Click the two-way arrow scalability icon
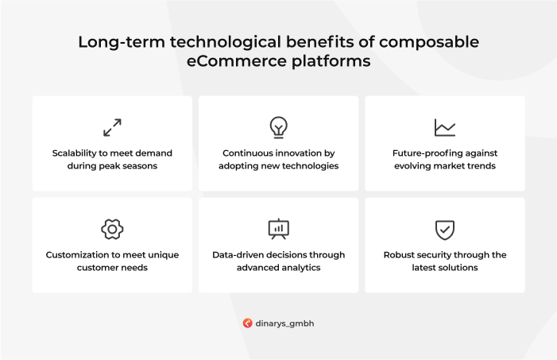[x=112, y=128]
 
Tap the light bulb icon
[x=278, y=127]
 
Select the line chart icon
[x=445, y=128]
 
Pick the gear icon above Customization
[x=112, y=229]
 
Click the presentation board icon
[x=278, y=229]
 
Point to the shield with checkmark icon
[x=445, y=230]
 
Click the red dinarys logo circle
[x=248, y=323]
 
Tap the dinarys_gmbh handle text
[x=284, y=323]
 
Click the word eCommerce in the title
[x=236, y=61]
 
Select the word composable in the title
[x=429, y=42]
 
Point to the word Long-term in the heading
[x=122, y=42]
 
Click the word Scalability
[x=74, y=153]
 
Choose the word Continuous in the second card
[x=248, y=153]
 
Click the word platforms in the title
[x=331, y=61]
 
